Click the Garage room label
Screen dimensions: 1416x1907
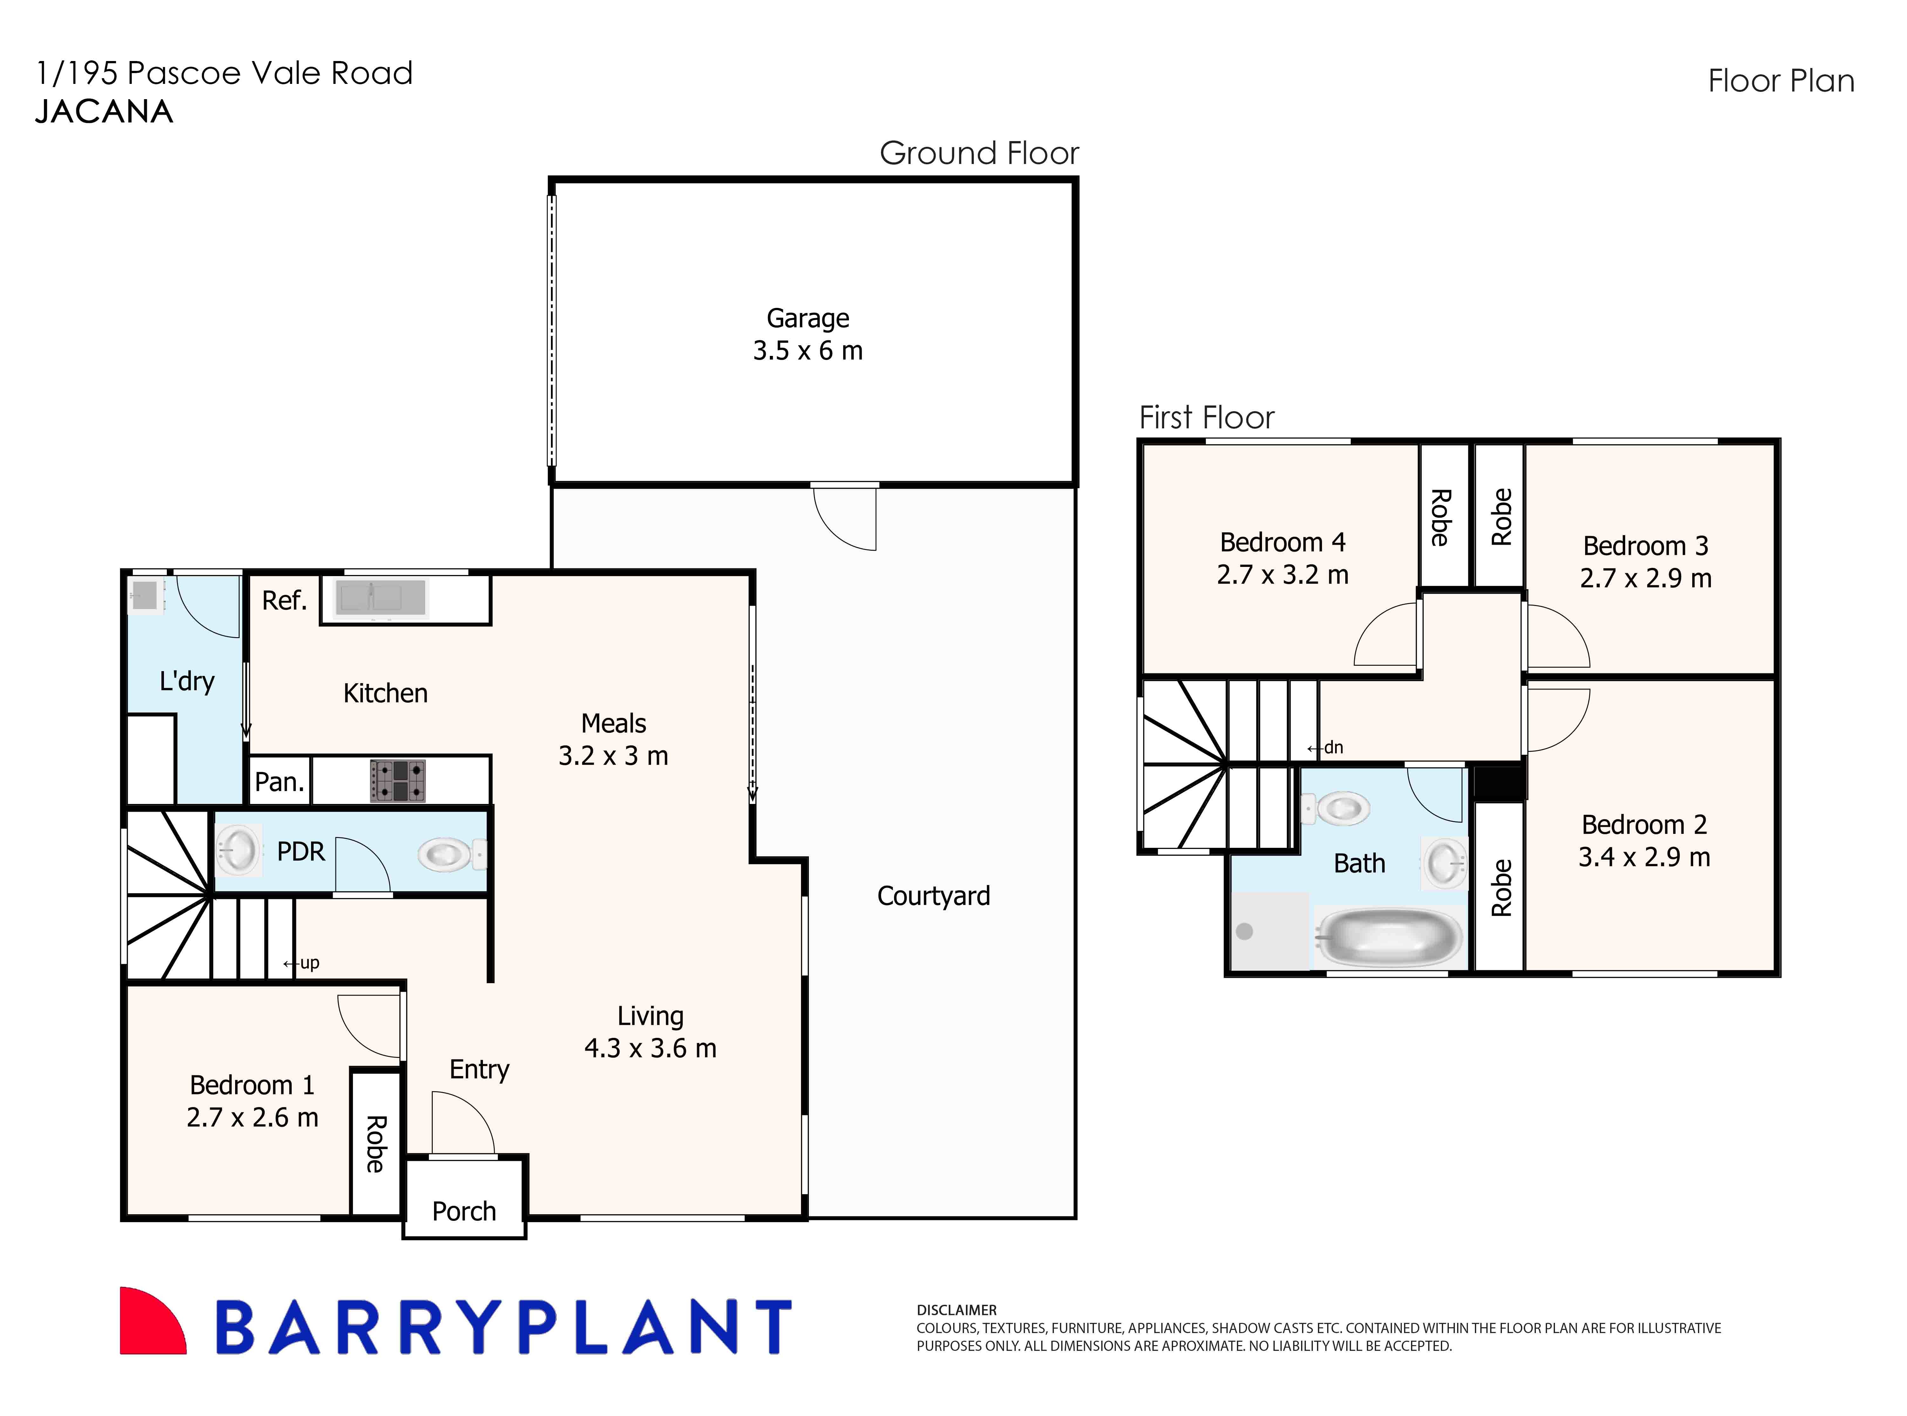tap(807, 318)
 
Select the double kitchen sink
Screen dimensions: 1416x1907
tap(381, 597)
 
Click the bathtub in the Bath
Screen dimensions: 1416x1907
tap(1388, 937)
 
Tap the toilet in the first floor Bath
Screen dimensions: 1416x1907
tap(1337, 807)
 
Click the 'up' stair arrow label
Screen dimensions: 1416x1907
tap(302, 963)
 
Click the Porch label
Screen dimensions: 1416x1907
tap(464, 1211)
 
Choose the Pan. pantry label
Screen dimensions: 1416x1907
tap(279, 782)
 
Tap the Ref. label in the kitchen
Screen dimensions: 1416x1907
tap(284, 600)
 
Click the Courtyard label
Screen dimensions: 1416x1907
tap(933, 896)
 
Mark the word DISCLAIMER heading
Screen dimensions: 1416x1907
tap(956, 1310)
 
